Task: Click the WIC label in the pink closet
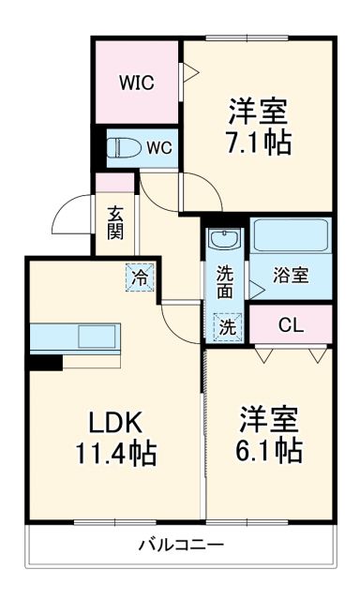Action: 136,81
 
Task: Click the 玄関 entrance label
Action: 113,223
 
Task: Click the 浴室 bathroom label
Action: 290,276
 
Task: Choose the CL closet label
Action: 291,326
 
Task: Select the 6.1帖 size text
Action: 270,449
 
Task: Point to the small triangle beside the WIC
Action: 187,70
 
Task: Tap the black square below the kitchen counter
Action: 41,361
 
